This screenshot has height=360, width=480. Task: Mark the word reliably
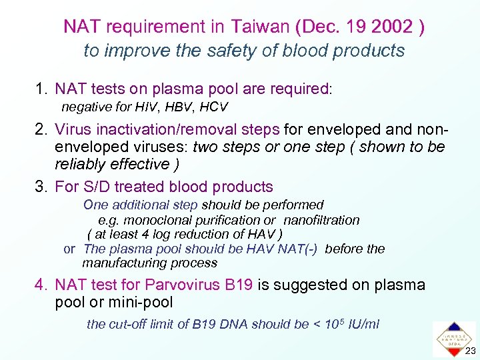(x=84, y=164)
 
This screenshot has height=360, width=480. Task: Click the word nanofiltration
(x=321, y=220)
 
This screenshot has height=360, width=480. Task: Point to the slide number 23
(x=471, y=352)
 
